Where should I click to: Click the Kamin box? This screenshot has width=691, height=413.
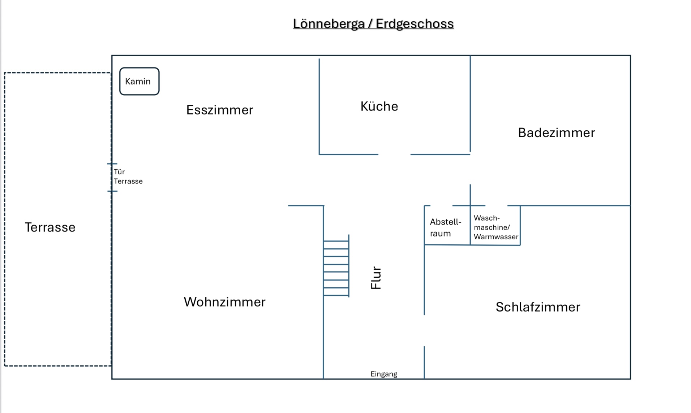139,81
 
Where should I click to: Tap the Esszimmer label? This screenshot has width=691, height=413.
219,110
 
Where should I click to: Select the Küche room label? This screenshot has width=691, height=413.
379,106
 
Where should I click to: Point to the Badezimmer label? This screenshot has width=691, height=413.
556,132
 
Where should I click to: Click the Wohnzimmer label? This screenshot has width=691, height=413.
224,302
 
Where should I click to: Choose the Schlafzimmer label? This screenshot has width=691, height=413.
538,307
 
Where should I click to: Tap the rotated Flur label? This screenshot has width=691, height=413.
376,278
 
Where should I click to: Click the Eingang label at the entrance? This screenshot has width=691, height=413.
383,374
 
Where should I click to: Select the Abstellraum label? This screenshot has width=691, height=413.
445,227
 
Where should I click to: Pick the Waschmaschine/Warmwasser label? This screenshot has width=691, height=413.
495,227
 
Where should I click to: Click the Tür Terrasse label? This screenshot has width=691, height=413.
128,177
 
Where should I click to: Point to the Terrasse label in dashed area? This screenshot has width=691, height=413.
50,227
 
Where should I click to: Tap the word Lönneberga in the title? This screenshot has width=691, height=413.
329,24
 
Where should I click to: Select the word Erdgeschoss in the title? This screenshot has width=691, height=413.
415,24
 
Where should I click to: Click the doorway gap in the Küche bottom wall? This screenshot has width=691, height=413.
394,155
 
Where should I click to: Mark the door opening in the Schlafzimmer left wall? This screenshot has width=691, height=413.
424,330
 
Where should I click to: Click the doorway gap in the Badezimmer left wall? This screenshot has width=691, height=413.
470,168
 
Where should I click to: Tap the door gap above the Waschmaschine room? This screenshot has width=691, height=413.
496,206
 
